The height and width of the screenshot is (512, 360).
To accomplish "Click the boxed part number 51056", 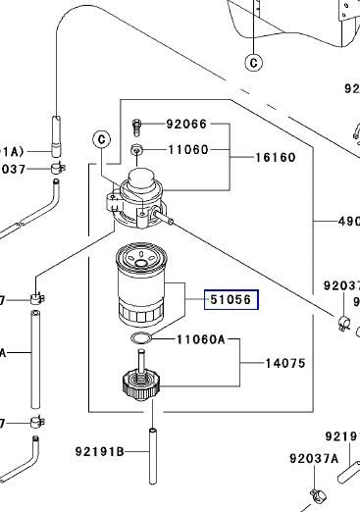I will click(x=231, y=300).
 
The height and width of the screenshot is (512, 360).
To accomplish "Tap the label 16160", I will click(x=276, y=156).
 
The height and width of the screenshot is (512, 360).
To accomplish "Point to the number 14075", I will click(x=285, y=363).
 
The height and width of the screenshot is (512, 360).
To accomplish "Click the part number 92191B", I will click(x=100, y=452).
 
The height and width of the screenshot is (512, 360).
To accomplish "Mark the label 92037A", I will click(x=314, y=457).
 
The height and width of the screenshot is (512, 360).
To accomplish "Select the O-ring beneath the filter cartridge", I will click(x=141, y=338).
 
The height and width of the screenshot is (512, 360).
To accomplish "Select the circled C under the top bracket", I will click(x=254, y=63).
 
